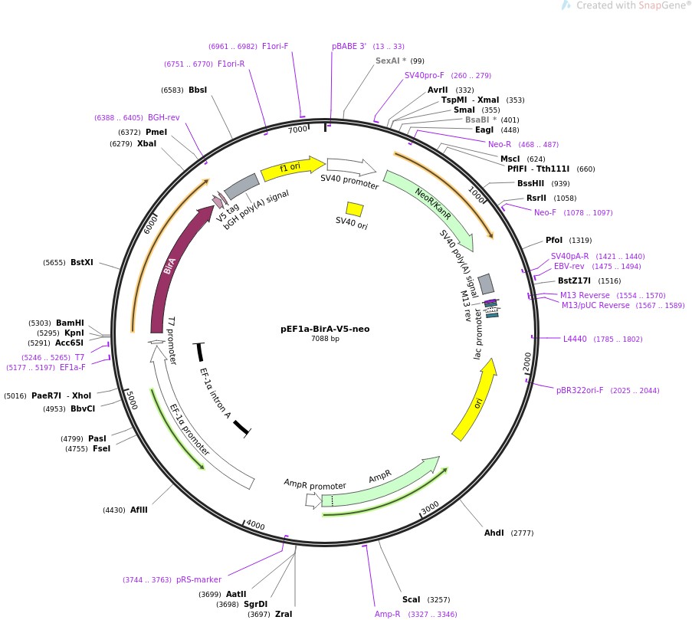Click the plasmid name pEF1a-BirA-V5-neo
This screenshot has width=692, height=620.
[x=325, y=329]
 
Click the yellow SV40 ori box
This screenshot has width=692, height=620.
[x=354, y=209]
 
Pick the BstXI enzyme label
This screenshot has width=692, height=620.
[x=81, y=262]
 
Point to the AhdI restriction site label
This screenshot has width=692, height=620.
[x=494, y=533]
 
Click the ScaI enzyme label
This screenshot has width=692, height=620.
[x=411, y=599]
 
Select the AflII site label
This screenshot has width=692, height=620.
[x=139, y=510]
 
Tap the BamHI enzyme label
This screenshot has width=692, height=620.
[x=70, y=323]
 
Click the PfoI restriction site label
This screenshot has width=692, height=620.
[x=553, y=240]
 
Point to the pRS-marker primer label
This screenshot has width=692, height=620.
[x=198, y=579]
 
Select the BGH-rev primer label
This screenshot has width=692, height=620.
[x=164, y=117]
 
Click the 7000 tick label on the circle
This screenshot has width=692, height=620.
[x=297, y=130]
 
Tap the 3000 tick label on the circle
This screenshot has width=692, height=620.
[x=430, y=508]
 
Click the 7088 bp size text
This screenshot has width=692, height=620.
[x=325, y=339]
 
